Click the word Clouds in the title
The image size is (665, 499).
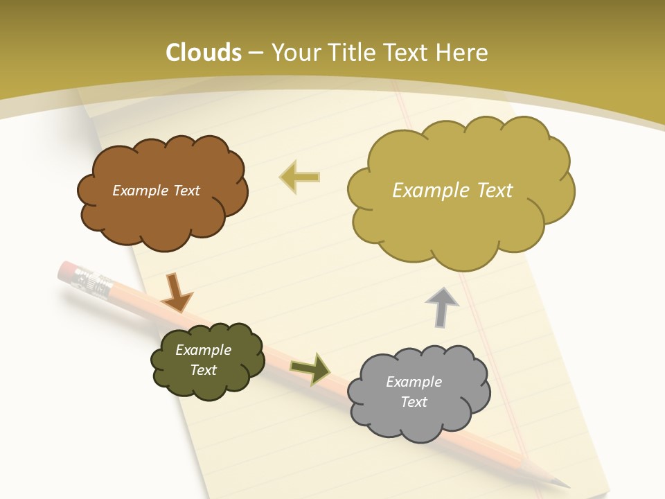[203, 53]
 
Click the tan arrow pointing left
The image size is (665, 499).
[299, 177]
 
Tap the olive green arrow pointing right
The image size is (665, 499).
[311, 369]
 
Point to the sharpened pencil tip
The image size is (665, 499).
[562, 482]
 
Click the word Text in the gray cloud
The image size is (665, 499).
[414, 402]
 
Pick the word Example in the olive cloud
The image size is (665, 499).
[203, 350]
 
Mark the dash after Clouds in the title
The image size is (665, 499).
[256, 53]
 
